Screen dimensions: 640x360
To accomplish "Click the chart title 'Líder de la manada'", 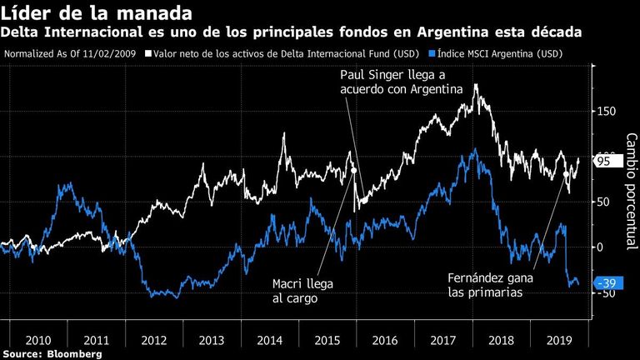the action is (x=97, y=12).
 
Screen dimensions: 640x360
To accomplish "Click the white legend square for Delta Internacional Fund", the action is (x=148, y=53).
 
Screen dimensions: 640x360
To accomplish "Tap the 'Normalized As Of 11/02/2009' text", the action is (x=70, y=54).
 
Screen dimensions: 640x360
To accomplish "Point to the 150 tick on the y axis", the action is (x=606, y=112).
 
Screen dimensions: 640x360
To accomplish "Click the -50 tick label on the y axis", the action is (x=606, y=293).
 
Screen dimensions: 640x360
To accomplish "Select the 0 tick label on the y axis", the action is (x=601, y=247).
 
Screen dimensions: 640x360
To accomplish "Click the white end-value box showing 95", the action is (x=608, y=161).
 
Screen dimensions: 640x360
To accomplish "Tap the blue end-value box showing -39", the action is (x=608, y=282).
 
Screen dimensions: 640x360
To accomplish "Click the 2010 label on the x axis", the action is (x=38, y=340).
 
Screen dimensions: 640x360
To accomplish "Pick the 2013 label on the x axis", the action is (x=212, y=340).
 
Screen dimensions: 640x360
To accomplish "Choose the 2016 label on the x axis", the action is (x=385, y=340).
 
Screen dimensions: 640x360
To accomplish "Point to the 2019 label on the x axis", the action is (x=559, y=340).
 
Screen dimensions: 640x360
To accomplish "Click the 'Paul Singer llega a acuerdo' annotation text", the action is (x=402, y=82).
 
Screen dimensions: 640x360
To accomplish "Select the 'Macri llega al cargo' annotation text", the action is (x=302, y=291).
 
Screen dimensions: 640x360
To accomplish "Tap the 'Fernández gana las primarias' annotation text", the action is (x=490, y=285).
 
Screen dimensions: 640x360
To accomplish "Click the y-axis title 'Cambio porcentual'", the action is (x=632, y=191).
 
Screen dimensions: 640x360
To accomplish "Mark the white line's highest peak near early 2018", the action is (x=476, y=85).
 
